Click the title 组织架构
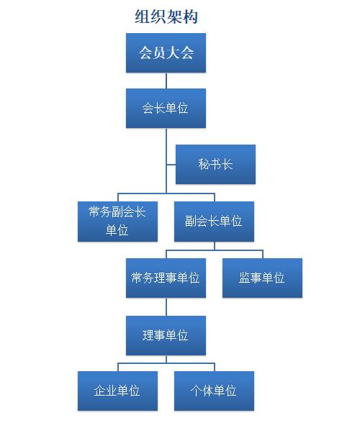coord(166,17)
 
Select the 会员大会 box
coord(166,53)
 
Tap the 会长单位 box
coord(166,108)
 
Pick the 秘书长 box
coord(215,164)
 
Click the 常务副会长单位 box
coord(117,222)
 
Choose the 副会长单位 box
coord(214,222)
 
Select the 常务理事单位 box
coord(166,278)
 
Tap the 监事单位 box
coord(262,278)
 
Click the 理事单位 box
coord(166,335)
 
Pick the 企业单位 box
coord(117,391)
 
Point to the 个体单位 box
coord(214,391)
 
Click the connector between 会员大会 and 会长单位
coord(166,81)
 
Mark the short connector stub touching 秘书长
coord(171,165)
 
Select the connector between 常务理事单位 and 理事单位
coord(166,307)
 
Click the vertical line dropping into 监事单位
coord(263,254)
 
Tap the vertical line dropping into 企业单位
coord(118,367)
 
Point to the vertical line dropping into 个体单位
coord(215,367)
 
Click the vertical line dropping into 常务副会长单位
coord(118,197)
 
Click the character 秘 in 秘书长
coord(204,164)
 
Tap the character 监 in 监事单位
coord(245,278)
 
